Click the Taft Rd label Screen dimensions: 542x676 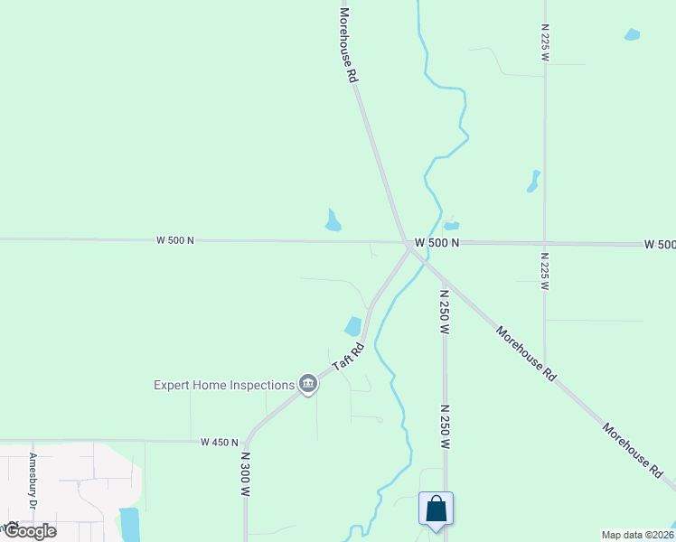(348, 355)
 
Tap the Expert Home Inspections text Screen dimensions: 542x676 (224, 385)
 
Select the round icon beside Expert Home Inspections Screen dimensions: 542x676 (308, 385)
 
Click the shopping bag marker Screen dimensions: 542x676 (436, 509)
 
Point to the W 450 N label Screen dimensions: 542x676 (220, 443)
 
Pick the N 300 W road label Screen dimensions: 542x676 (245, 475)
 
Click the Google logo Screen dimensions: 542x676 (29, 530)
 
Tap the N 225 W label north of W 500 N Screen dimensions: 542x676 (545, 42)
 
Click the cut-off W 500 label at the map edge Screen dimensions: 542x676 (660, 245)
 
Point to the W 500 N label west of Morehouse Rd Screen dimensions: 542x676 (175, 240)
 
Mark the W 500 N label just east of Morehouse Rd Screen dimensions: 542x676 (437, 243)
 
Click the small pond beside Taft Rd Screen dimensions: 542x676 (352, 326)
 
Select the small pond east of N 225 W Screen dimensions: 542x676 (632, 35)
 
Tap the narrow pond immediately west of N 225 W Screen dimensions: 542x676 (533, 182)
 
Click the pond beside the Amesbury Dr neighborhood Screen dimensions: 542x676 (129, 523)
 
